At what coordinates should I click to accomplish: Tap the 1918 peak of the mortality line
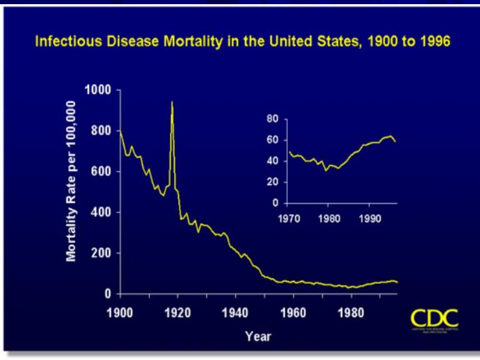coord(172,102)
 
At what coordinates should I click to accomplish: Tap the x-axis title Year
coord(258,337)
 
